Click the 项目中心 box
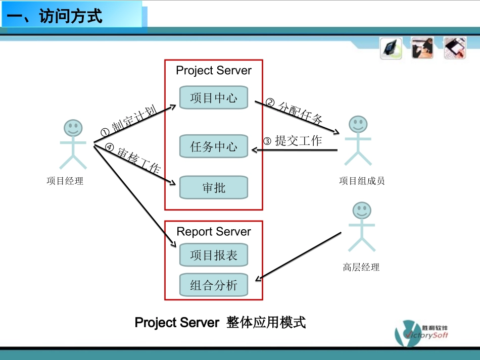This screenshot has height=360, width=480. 214,97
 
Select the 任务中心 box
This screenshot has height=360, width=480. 214,147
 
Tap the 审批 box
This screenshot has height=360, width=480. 214,188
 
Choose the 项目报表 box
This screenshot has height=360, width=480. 214,255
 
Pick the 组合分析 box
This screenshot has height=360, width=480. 214,285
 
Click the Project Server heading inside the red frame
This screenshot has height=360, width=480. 213,71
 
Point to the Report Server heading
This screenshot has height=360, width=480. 214,232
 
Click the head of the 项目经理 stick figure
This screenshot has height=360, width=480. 73,128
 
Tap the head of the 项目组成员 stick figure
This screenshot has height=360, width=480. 358,124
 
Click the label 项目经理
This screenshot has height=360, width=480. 65,181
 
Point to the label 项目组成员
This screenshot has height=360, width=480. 362,181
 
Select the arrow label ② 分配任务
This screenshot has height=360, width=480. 294,112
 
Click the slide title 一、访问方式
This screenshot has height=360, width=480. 56,16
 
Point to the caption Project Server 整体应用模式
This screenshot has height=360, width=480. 220,323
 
